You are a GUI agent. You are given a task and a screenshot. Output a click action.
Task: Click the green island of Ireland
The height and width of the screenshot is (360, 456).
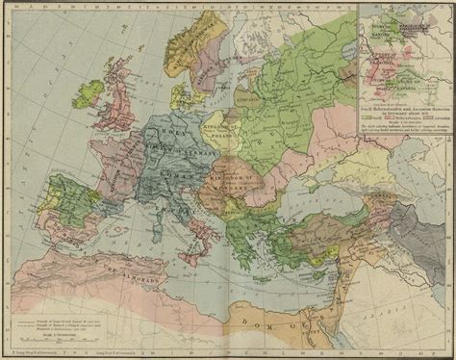(x=89, y=93)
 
